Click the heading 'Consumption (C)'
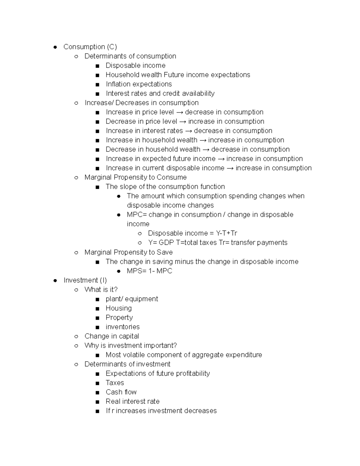coord(90,47)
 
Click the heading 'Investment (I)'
coord(85,280)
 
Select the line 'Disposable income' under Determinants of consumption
coord(135,65)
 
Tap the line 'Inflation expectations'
coord(139,84)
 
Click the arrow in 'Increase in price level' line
coord(179,112)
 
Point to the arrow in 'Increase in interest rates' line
coord(188,131)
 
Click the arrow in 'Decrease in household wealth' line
coord(205,149)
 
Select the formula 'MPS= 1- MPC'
coord(149,271)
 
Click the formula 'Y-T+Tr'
coord(226,233)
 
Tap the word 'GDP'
coord(166,243)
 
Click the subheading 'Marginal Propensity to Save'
coord(128,252)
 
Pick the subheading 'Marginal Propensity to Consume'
coord(135,177)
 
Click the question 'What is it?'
coord(101,290)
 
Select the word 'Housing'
coord(118,308)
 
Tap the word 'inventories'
coord(122,327)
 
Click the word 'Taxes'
coord(115,383)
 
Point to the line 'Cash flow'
coord(121,392)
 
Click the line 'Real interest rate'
coord(132,401)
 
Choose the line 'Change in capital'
coord(112,336)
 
